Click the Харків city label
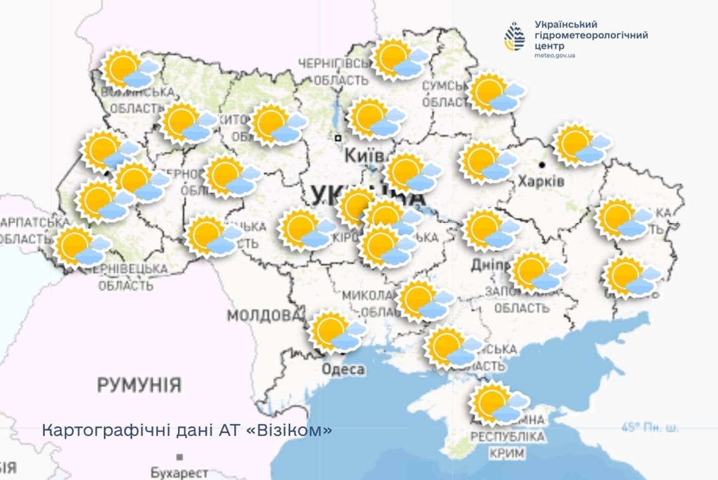point(541,182)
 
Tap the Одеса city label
point(343,369)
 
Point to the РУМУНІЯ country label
point(139,385)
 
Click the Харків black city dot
point(542,165)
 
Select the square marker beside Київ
point(338,137)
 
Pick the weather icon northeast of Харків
point(581,145)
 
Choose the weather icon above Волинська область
point(129,69)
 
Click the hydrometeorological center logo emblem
point(514,36)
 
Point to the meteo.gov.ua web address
point(554,56)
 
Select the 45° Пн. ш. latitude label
point(649,428)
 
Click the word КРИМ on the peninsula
point(507,452)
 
